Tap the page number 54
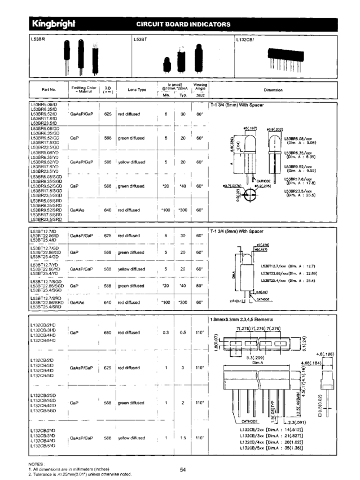183,469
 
